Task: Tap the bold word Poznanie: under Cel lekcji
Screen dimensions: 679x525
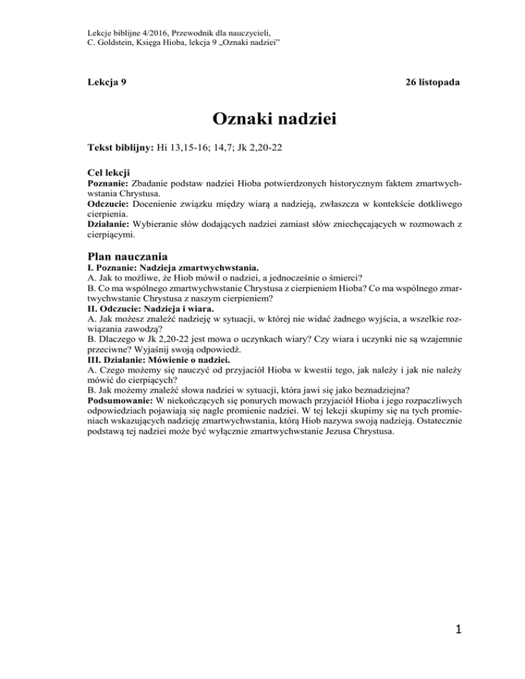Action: pos(110,184)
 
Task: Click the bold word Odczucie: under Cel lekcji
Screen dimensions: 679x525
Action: pos(110,205)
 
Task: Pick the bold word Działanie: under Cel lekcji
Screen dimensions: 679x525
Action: pos(112,226)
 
